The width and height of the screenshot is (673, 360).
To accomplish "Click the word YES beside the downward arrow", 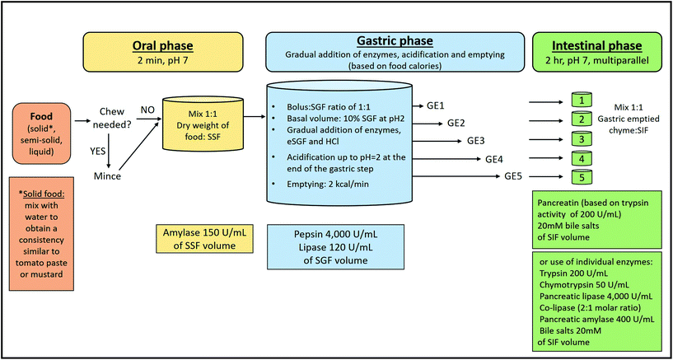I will pyautogui.click(x=105, y=149).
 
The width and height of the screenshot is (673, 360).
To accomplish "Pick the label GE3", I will pyautogui.click(x=476, y=140).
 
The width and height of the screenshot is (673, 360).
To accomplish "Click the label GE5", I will pyautogui.click(x=515, y=175).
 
